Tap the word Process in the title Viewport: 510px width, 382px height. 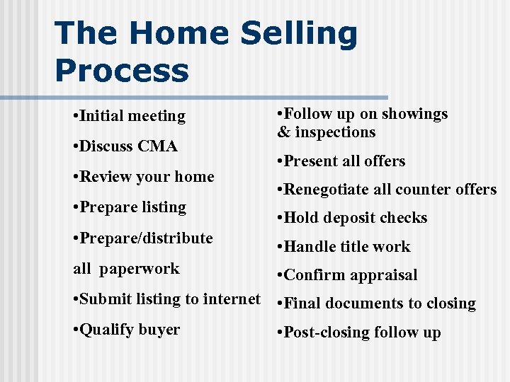(x=122, y=71)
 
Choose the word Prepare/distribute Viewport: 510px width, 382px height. (x=146, y=238)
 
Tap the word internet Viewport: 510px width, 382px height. (x=232, y=299)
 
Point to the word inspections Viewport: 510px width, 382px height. (x=335, y=132)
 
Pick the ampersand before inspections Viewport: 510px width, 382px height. (x=284, y=132)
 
